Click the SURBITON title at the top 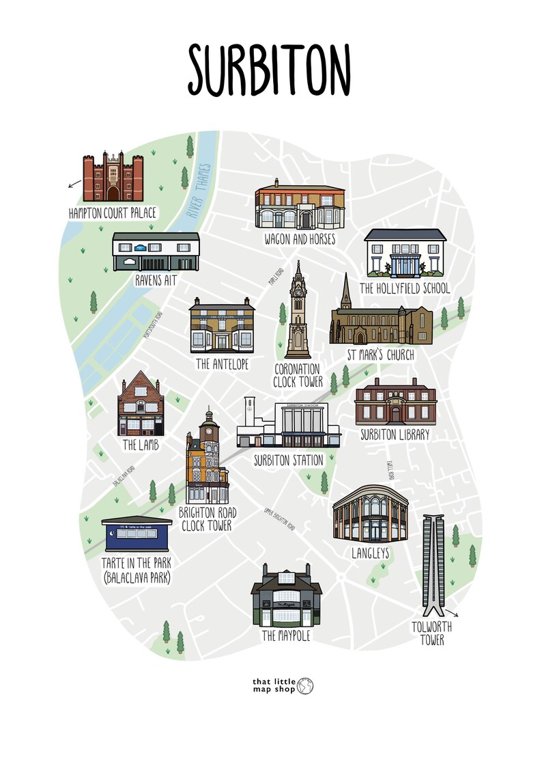tap(270, 70)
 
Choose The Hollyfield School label tap(405, 288)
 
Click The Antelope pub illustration tap(223, 327)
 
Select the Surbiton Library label tap(395, 434)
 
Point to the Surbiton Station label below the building tap(288, 461)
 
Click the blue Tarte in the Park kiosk tap(137, 535)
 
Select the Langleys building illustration tap(370, 515)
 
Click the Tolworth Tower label tap(431, 633)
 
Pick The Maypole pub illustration tap(286, 598)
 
